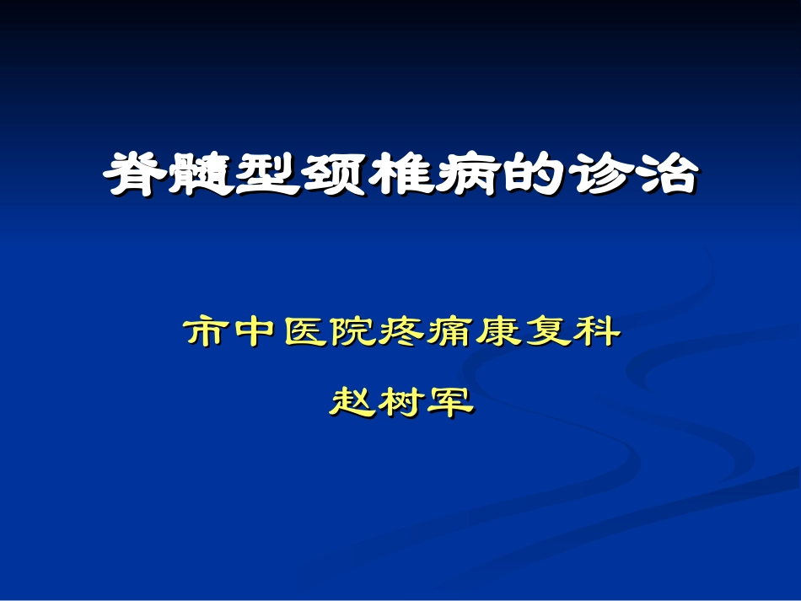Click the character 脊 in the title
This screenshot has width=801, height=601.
coord(135,174)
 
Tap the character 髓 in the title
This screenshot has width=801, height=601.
coord(202,174)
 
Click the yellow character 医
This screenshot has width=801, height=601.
coord(305,332)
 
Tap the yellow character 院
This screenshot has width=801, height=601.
coord(353,332)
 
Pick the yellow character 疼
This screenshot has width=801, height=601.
coord(402,332)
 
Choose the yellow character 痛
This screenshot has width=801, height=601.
coord(451,332)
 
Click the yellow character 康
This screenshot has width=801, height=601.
coord(499,332)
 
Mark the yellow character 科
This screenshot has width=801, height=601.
coord(596,332)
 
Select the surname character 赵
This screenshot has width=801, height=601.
coord(352,400)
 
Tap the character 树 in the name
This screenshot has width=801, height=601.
coord(401,400)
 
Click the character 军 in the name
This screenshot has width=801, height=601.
coord(450,400)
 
